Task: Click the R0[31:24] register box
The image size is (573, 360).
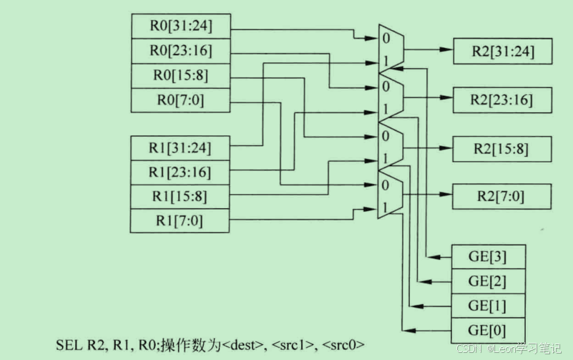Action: coord(180,27)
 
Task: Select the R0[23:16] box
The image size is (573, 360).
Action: coord(180,52)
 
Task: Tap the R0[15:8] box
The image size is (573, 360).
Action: coord(180,76)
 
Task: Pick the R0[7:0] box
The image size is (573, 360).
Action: coord(180,100)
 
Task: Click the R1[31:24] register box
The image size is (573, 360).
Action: coord(180,148)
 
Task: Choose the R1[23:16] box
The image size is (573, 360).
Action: coord(180,172)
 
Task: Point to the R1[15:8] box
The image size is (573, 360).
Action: coord(180,197)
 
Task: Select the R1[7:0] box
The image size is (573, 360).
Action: coord(180,220)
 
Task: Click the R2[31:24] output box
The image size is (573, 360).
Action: coord(502,52)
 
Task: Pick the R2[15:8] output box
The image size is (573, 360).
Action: coord(502,148)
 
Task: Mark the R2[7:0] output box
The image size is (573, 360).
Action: coord(502,196)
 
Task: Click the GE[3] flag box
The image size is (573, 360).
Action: coord(487,256)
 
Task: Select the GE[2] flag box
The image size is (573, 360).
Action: coord(487,281)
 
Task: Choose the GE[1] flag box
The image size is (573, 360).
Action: coord(487,306)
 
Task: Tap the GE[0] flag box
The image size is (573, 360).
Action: coord(487,331)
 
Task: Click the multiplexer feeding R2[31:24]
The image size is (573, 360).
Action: coord(391,49)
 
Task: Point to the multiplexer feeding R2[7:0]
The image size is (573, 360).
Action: coord(391,195)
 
